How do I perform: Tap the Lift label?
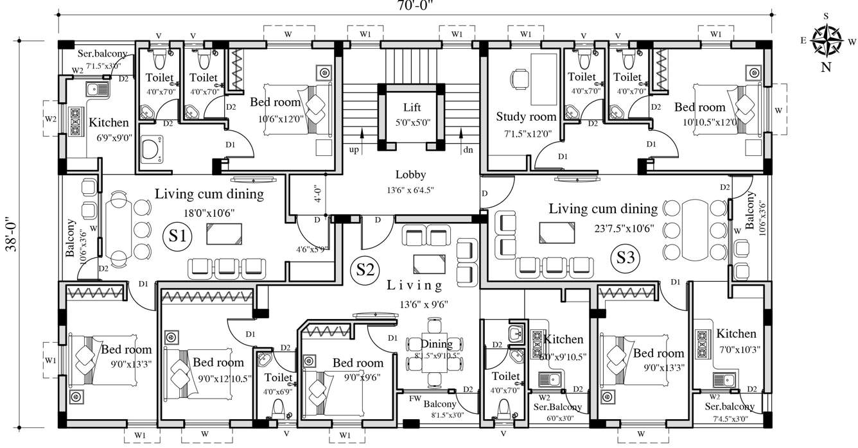click(412, 107)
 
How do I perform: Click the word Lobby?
click(411, 175)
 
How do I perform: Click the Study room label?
click(526, 117)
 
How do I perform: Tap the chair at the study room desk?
click(518, 79)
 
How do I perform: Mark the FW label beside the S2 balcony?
click(416, 398)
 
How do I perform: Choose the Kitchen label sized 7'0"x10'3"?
click(736, 334)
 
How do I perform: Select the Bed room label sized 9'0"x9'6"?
click(357, 363)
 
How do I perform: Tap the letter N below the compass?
click(825, 67)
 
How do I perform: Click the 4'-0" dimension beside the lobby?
click(318, 194)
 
